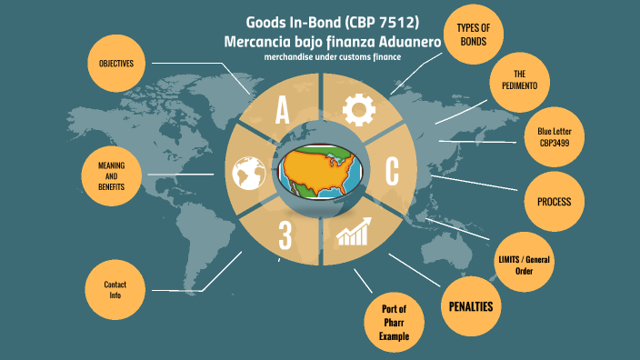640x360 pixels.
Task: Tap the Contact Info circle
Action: click(x=115, y=290)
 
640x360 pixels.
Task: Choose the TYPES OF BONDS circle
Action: click(x=474, y=35)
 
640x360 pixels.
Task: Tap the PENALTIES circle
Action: click(x=471, y=306)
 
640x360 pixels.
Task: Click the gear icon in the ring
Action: click(x=358, y=110)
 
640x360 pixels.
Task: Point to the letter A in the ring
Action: click(x=283, y=112)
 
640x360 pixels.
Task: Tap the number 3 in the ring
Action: click(x=285, y=235)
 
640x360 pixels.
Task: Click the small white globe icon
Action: click(x=247, y=172)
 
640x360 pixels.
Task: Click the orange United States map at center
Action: click(x=321, y=169)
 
